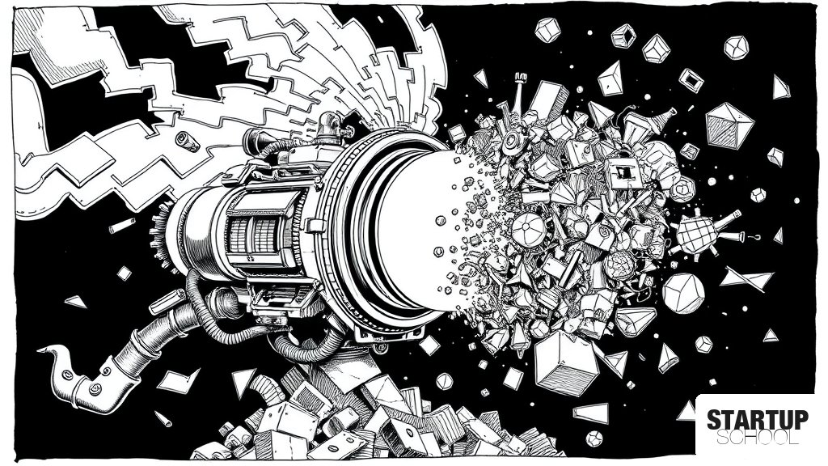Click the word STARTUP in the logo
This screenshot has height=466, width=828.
[757, 420]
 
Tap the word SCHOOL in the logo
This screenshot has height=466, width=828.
[757, 438]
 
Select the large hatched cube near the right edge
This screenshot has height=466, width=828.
[729, 125]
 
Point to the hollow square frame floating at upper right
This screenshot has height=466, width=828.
[691, 80]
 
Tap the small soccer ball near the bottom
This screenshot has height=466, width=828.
[594, 438]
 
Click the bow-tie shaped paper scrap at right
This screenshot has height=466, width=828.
[746, 278]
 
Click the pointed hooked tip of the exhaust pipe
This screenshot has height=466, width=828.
[44, 349]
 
